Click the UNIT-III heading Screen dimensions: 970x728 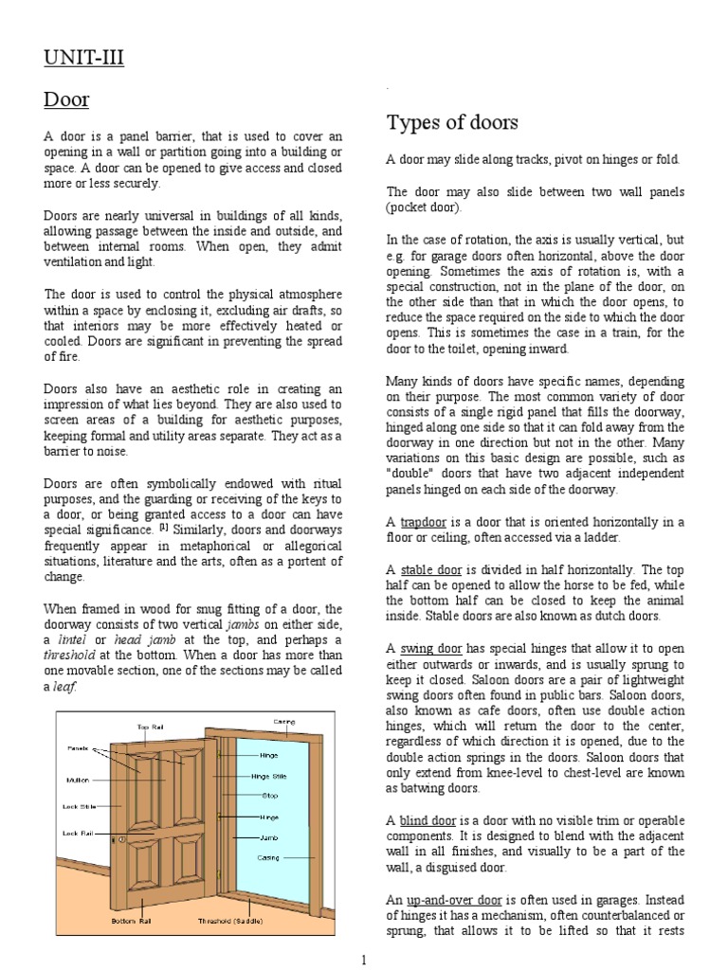coord(83,59)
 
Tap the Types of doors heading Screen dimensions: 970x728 coord(452,122)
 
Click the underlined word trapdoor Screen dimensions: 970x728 coord(422,522)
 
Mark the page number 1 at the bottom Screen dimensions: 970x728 coord(364,961)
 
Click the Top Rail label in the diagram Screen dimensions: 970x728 coord(151,727)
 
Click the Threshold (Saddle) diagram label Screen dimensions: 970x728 coord(231,921)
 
